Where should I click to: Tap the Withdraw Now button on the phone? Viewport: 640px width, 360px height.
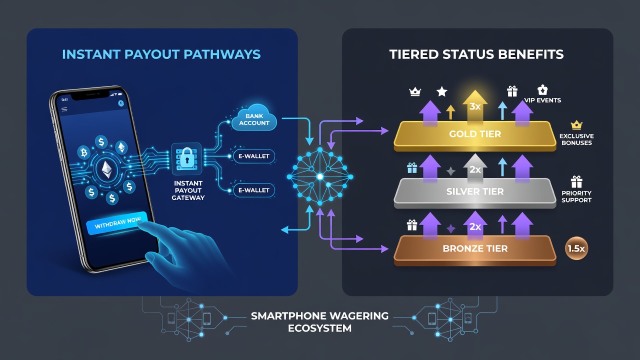[117, 223]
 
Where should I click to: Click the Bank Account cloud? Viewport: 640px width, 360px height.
[253, 118]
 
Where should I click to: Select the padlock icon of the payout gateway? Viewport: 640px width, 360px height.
[187, 158]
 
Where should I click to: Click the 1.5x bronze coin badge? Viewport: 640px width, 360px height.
[576, 248]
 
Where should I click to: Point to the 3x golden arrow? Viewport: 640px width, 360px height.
[475, 106]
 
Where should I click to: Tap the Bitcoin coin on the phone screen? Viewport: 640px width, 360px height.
[83, 152]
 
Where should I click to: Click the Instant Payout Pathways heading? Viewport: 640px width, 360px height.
[161, 54]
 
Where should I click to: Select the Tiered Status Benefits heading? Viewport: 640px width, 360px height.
[476, 54]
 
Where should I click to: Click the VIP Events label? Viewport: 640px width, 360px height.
[542, 100]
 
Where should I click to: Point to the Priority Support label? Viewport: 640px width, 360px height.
[576, 196]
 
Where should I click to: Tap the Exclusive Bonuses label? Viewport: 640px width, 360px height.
[576, 139]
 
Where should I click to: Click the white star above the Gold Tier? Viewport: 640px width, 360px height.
[441, 91]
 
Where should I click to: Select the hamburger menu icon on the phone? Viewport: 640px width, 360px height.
[64, 109]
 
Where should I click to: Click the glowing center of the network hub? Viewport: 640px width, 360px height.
[320, 176]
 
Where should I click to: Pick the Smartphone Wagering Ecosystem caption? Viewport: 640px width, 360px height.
[319, 322]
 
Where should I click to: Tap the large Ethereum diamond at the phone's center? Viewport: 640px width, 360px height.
[107, 169]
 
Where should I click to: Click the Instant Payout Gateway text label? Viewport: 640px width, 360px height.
[188, 190]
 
